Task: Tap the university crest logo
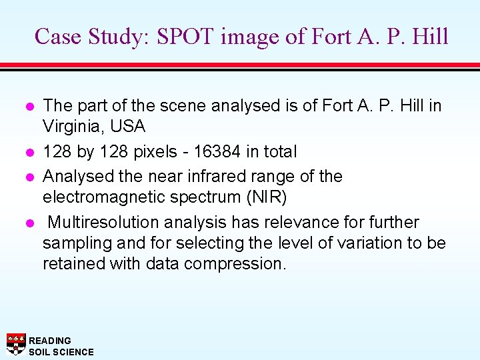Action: pos(16,343)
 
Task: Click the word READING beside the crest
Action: pos(50,341)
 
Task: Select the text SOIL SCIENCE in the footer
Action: pos(61,352)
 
